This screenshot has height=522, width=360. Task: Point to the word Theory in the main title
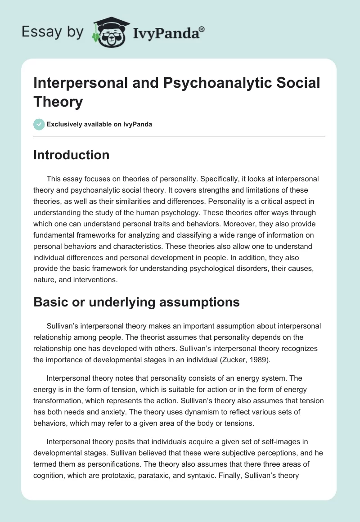[x=58, y=102]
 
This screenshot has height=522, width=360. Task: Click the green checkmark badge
[x=39, y=124]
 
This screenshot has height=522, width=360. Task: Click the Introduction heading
[x=72, y=155]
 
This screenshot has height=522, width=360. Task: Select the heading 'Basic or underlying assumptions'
[x=136, y=302]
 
